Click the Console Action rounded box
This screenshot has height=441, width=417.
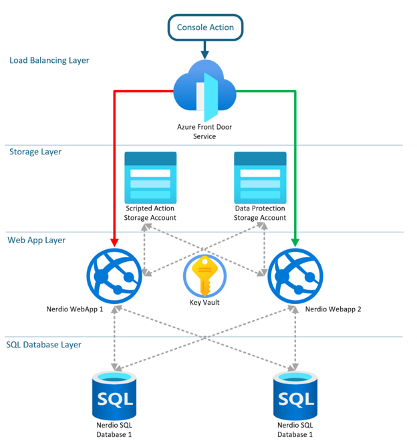(205, 27)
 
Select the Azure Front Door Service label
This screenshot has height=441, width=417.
(205, 131)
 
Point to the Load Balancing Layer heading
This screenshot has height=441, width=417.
(49, 60)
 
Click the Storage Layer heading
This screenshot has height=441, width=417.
(35, 152)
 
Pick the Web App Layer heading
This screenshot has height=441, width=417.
(37, 239)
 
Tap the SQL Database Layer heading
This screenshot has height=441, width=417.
(44, 345)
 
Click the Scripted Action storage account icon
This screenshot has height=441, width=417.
(150, 177)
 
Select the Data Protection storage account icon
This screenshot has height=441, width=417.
(260, 177)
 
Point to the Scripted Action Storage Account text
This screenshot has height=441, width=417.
(150, 213)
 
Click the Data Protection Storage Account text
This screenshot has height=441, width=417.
(260, 213)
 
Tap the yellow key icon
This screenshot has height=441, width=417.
(204, 275)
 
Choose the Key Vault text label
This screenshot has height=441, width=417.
(204, 302)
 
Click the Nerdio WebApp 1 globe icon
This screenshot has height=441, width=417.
(115, 275)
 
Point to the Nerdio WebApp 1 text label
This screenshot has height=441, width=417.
(75, 309)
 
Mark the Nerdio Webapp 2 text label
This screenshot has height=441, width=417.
(333, 309)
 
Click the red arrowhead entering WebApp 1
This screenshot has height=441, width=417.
(115, 241)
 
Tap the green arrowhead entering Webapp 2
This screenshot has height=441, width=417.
(295, 241)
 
